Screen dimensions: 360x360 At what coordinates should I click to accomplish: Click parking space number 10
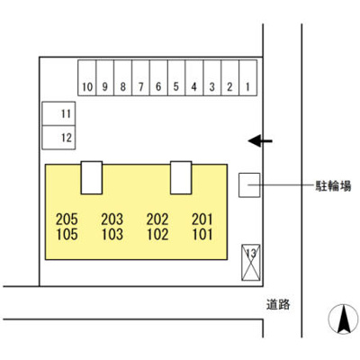click(87, 77)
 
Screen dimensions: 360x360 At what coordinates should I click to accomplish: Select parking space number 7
click(140, 77)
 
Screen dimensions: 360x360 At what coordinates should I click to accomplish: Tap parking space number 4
click(194, 77)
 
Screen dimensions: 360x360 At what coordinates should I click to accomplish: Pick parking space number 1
click(247, 77)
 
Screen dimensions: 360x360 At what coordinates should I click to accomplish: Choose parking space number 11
click(58, 113)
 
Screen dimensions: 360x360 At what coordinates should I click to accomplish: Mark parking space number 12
click(58, 138)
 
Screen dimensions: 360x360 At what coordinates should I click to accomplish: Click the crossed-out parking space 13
click(251, 263)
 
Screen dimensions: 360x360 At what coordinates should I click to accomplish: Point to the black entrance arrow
click(260, 140)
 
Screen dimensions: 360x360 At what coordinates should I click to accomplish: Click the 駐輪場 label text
click(333, 186)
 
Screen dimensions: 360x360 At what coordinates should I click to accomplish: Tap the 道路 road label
click(278, 305)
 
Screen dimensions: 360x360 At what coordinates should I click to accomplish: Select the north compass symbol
click(344, 319)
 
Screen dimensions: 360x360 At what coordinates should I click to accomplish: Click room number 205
click(67, 220)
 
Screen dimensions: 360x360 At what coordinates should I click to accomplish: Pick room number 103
click(112, 234)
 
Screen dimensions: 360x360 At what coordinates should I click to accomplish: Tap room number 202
click(157, 220)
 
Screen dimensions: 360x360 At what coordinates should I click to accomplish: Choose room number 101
click(202, 234)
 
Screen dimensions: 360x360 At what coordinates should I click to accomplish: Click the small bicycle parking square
click(249, 185)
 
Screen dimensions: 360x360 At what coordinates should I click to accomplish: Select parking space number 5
click(176, 77)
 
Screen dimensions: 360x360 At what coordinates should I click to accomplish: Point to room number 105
click(67, 234)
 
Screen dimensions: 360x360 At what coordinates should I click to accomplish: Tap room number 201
click(202, 220)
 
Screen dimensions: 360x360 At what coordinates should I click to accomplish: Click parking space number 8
click(122, 77)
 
